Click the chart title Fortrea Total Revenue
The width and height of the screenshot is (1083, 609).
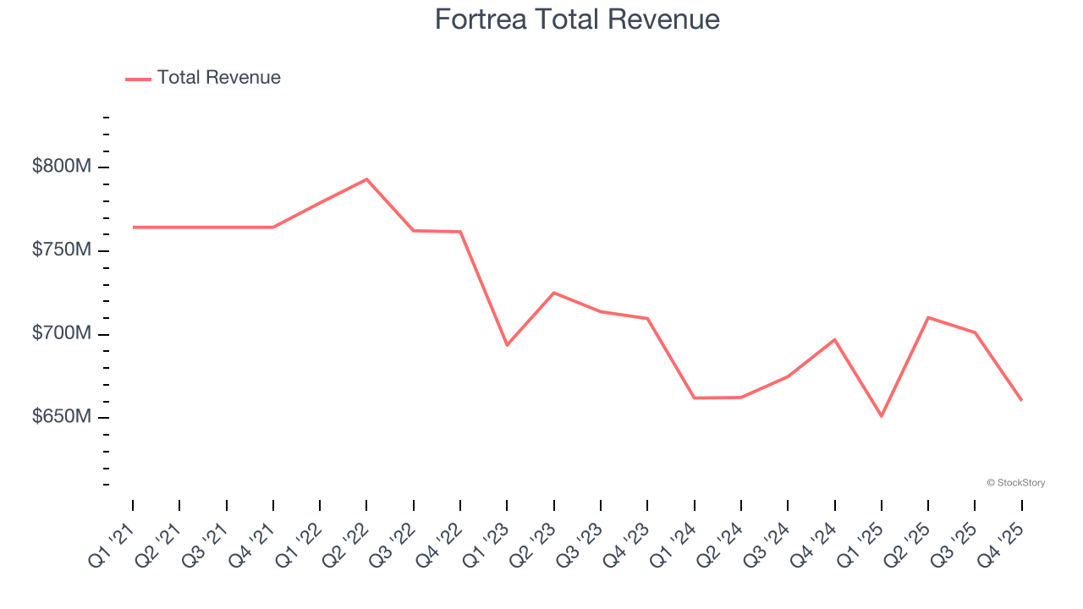[577, 19]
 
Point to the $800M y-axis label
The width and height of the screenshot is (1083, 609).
[61, 167]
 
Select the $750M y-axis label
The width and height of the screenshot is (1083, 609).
[61, 250]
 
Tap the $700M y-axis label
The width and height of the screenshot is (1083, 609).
[61, 334]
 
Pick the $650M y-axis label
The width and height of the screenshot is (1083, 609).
[61, 418]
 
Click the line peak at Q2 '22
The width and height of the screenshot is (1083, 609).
[366, 179]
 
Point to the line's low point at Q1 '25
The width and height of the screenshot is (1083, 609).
[882, 416]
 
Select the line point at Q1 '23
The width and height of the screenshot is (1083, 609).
[507, 345]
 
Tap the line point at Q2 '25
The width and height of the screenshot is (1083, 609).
[928, 317]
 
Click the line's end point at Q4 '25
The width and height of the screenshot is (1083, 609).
[1021, 400]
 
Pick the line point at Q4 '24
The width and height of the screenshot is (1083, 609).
[835, 339]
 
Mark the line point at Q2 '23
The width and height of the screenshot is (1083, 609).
[553, 293]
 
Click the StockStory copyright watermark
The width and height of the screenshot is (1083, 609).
[1015, 483]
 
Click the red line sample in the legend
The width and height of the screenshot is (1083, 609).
[138, 79]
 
